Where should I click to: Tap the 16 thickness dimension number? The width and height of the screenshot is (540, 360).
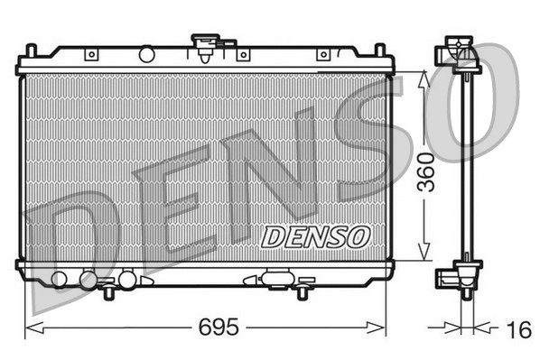coord(518,330)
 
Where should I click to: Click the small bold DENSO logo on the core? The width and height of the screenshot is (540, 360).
coord(316,236)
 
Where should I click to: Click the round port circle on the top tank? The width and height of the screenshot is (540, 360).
coord(145,55)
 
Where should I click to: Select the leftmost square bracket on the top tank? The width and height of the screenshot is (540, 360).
coord(91,55)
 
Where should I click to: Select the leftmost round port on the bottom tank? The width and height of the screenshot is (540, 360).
coord(61,279)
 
